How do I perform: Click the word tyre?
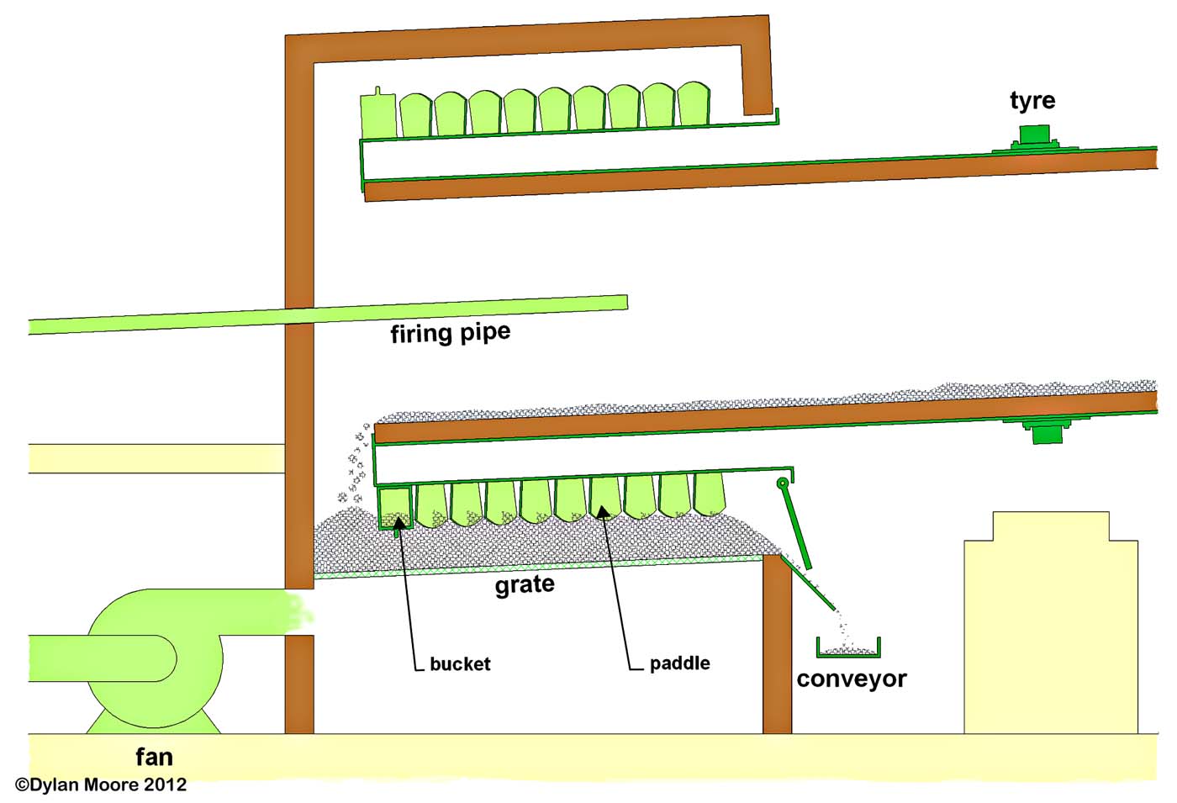(1032, 101)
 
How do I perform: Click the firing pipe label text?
(450, 334)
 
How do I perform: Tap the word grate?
(524, 584)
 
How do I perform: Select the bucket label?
(460, 664)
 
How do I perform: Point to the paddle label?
(679, 663)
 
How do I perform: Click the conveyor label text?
(851, 679)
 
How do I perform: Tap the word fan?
(154, 758)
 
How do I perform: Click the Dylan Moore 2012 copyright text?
(101, 785)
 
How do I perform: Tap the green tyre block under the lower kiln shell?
(1047, 432)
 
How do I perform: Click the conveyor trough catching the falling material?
(848, 650)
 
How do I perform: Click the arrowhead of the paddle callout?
(604, 510)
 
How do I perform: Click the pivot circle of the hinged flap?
(782, 483)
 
